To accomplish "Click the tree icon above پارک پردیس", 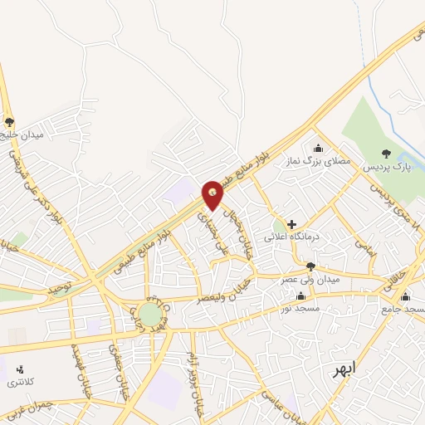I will click(385, 153).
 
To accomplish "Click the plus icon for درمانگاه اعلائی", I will click(291, 224).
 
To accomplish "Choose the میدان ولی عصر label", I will click(310, 280).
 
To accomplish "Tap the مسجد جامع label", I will click(407, 310).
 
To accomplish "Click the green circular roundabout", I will click(149, 314).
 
